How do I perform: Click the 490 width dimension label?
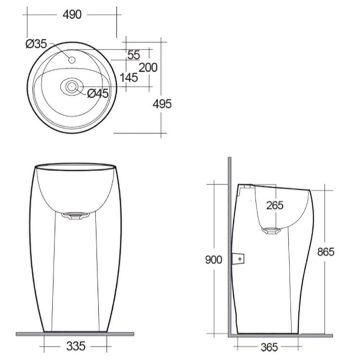(x=72, y=14)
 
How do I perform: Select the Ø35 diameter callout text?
(x=36, y=44)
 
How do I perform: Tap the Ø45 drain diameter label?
(x=98, y=94)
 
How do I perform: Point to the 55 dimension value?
(x=133, y=55)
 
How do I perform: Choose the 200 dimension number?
(x=148, y=67)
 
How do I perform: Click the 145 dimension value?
(x=129, y=77)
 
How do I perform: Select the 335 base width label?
(x=76, y=346)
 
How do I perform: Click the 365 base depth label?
(x=269, y=347)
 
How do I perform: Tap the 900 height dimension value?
(x=213, y=260)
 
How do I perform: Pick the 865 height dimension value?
(x=325, y=252)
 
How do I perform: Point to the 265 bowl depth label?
(x=275, y=205)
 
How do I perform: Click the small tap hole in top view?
(x=72, y=59)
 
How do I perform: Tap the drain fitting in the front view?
(x=75, y=215)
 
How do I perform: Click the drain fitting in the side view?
(x=273, y=230)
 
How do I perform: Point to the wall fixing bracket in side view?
(x=238, y=258)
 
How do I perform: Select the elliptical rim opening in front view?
(x=75, y=166)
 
